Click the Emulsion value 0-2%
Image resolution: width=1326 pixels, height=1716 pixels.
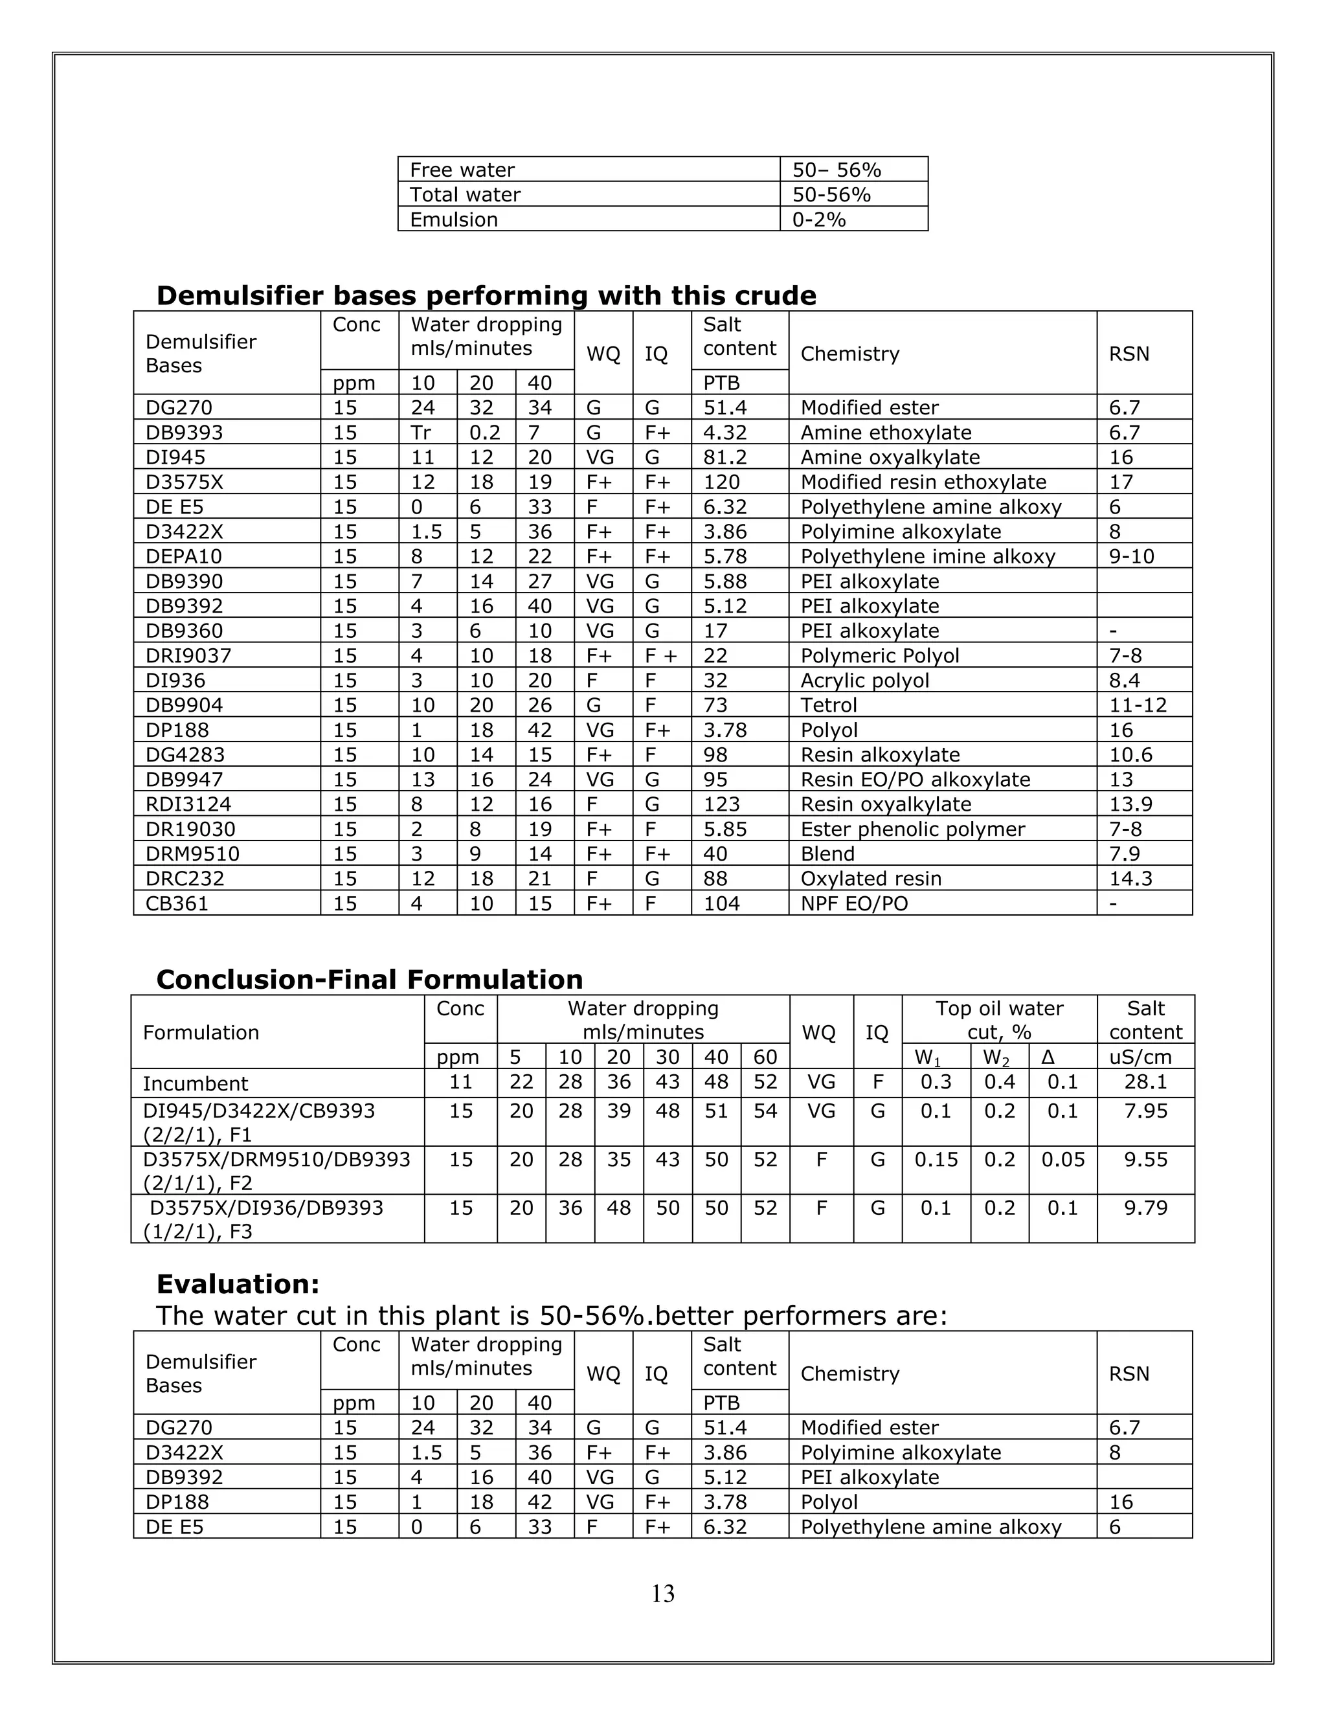[x=818, y=220]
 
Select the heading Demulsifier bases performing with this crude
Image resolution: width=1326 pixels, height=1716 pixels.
[x=486, y=295]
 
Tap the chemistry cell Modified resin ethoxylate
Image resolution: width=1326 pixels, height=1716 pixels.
[x=923, y=482]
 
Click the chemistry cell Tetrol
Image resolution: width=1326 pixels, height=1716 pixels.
[x=829, y=705]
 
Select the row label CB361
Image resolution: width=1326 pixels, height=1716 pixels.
[x=177, y=903]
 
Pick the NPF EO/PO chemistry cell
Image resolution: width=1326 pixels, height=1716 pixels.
[x=854, y=903]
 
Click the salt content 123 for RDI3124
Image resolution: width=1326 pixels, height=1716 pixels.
[x=721, y=804]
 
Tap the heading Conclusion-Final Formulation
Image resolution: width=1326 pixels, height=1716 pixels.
[x=369, y=979]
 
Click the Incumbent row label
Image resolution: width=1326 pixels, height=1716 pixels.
[x=195, y=1083]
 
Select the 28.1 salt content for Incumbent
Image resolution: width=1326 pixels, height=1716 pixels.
[x=1145, y=1082]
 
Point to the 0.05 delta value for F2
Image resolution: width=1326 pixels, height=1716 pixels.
[x=1062, y=1160]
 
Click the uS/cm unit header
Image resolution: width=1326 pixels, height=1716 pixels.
[x=1145, y=1057]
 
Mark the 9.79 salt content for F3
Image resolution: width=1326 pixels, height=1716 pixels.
[x=1145, y=1208]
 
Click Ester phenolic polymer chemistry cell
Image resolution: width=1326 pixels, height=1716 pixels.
[x=912, y=829]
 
